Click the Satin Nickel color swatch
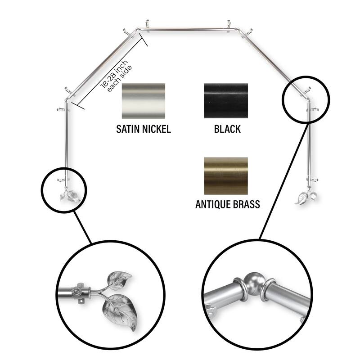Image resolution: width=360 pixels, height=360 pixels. [x=143, y=101]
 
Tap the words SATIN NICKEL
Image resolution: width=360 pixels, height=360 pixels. [x=143, y=130]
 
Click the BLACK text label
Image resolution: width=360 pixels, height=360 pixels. [x=227, y=130]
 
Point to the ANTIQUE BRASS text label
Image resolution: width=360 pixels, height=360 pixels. [x=227, y=204]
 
